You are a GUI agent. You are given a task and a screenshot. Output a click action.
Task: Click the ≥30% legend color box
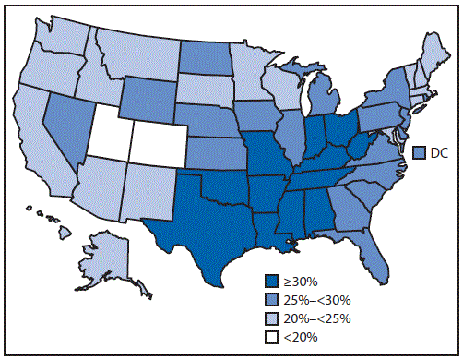click(x=270, y=280)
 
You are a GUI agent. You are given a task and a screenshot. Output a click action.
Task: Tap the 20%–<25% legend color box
click(x=270, y=317)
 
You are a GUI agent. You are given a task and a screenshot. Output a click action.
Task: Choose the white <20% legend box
click(x=270, y=336)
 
